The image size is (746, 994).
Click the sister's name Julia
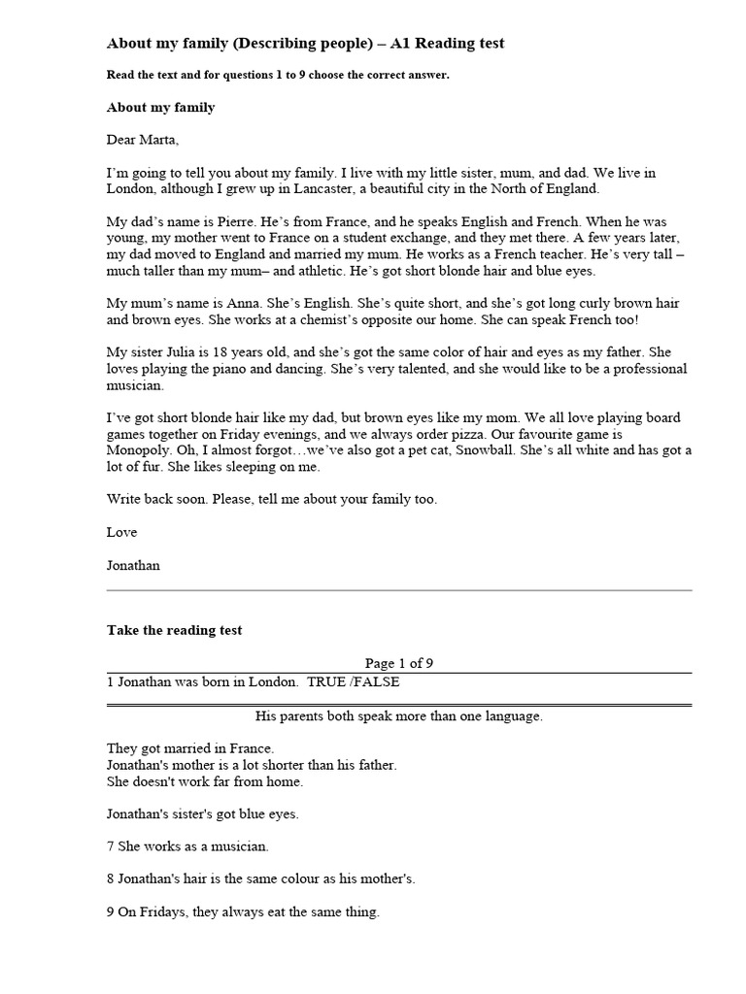170,353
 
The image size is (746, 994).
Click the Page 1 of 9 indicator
399,664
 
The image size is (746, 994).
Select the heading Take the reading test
174,631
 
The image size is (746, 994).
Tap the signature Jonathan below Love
134,566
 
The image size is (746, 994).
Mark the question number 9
111,912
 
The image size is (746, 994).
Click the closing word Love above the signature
121,533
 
